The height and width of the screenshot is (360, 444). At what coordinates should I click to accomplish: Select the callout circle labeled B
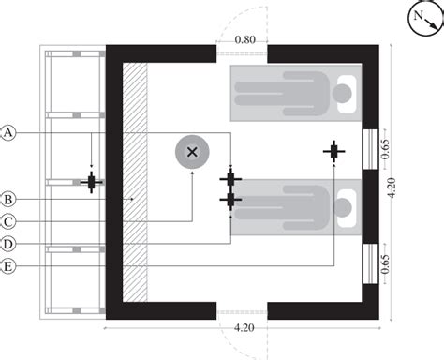coord(7,199)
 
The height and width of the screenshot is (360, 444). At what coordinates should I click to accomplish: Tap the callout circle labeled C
coord(7,221)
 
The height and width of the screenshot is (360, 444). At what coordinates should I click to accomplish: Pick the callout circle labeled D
coord(7,244)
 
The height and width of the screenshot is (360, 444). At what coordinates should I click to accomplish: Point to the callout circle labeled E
coord(7,267)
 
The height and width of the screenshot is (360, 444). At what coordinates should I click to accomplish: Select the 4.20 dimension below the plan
coord(243,327)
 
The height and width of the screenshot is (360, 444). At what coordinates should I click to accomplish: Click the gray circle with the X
coord(192,152)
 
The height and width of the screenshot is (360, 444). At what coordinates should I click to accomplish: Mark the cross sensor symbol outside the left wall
coord(91,182)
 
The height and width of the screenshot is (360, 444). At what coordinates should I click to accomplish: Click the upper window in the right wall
coord(370,148)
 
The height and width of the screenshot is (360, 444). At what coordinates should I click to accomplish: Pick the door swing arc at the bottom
coord(243,338)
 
